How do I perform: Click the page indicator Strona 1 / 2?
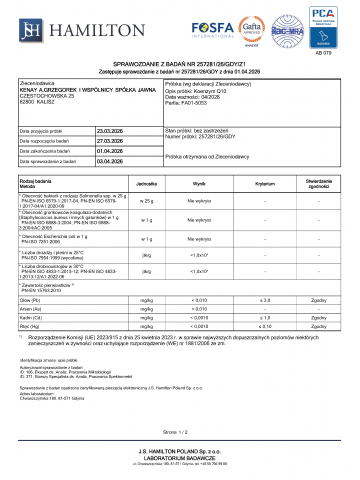pyautogui.click(x=180, y=432)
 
